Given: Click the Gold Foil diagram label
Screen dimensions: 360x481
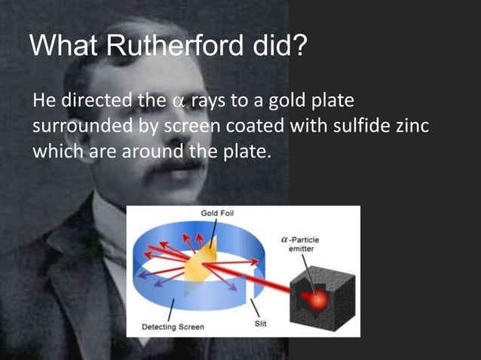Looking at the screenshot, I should tap(217, 214).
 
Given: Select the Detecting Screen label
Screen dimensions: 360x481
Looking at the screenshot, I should tap(173, 328).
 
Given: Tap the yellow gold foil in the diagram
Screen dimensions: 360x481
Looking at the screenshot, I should tap(201, 260).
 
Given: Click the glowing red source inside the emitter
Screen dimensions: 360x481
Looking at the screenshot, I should tap(317, 297).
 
